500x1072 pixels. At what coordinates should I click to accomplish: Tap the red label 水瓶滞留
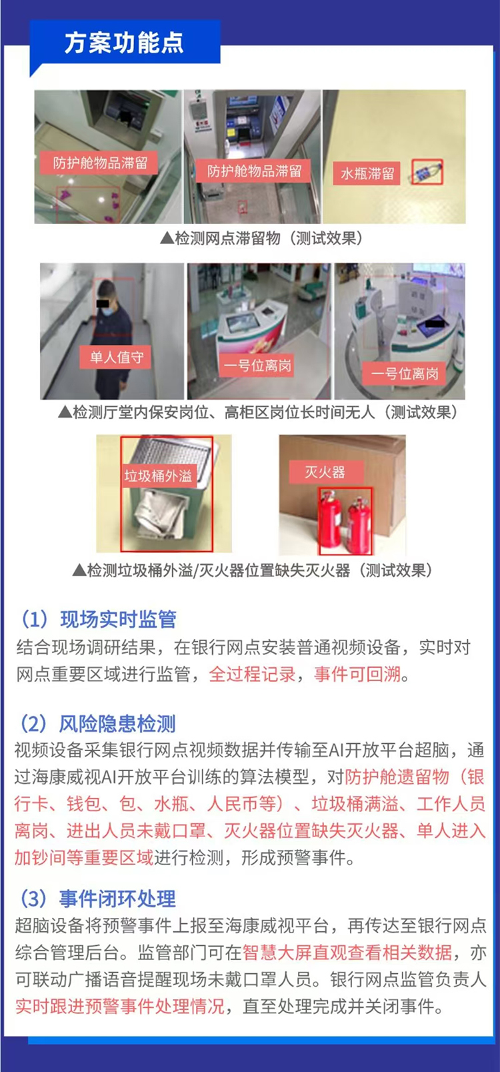[367, 173]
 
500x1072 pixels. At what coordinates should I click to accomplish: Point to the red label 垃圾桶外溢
[158, 475]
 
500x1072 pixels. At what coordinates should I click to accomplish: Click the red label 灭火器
[325, 472]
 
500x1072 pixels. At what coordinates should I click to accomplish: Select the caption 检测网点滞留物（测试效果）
[262, 238]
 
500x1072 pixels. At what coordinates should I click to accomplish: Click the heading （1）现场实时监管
[97, 619]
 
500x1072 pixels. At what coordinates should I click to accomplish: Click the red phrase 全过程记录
[252, 675]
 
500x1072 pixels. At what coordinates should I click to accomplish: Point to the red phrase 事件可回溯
[357, 675]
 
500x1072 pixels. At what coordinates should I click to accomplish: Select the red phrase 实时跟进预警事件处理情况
[119, 1007]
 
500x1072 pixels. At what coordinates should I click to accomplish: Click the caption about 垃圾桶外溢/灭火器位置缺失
[252, 570]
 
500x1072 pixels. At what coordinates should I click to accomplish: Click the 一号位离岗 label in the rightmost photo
[404, 374]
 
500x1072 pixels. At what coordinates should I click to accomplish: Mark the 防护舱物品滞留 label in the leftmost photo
[100, 163]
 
